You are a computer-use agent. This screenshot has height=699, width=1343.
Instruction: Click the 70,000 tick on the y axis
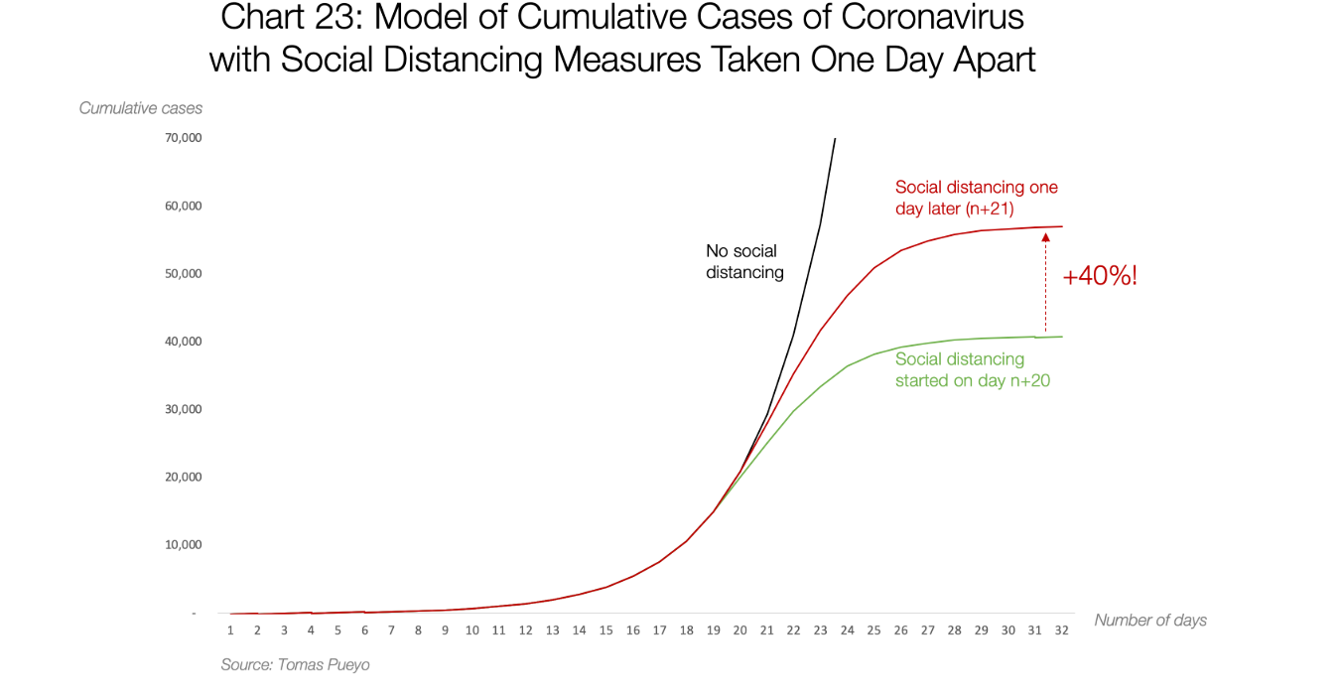point(183,138)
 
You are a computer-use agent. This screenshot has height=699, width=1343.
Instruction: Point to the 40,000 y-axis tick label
point(183,342)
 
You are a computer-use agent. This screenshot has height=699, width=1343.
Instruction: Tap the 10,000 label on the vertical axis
point(183,545)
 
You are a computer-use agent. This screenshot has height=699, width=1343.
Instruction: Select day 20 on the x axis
point(739,630)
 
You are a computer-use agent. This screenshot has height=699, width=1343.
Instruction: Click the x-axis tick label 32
point(1061,630)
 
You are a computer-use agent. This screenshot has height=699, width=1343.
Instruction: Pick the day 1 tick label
point(230,630)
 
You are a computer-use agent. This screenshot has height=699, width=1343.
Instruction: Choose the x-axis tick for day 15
point(605,630)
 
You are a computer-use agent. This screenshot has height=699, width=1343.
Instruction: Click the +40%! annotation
point(1100,276)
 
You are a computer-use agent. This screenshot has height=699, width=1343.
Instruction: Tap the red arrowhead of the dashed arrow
point(1045,237)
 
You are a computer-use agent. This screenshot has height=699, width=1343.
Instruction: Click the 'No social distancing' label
point(744,261)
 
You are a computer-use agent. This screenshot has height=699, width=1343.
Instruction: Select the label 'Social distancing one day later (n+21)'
point(976,197)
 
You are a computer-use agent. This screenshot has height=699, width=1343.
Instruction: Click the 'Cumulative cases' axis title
point(141,108)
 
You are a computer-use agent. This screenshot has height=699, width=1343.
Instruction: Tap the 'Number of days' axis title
point(1150,620)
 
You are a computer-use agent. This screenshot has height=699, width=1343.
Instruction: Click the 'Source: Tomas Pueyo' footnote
point(295,664)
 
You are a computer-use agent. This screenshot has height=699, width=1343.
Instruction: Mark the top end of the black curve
point(835,139)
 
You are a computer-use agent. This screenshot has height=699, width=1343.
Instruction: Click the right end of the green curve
point(1062,337)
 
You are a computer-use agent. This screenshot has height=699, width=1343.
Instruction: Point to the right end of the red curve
point(1062,226)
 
